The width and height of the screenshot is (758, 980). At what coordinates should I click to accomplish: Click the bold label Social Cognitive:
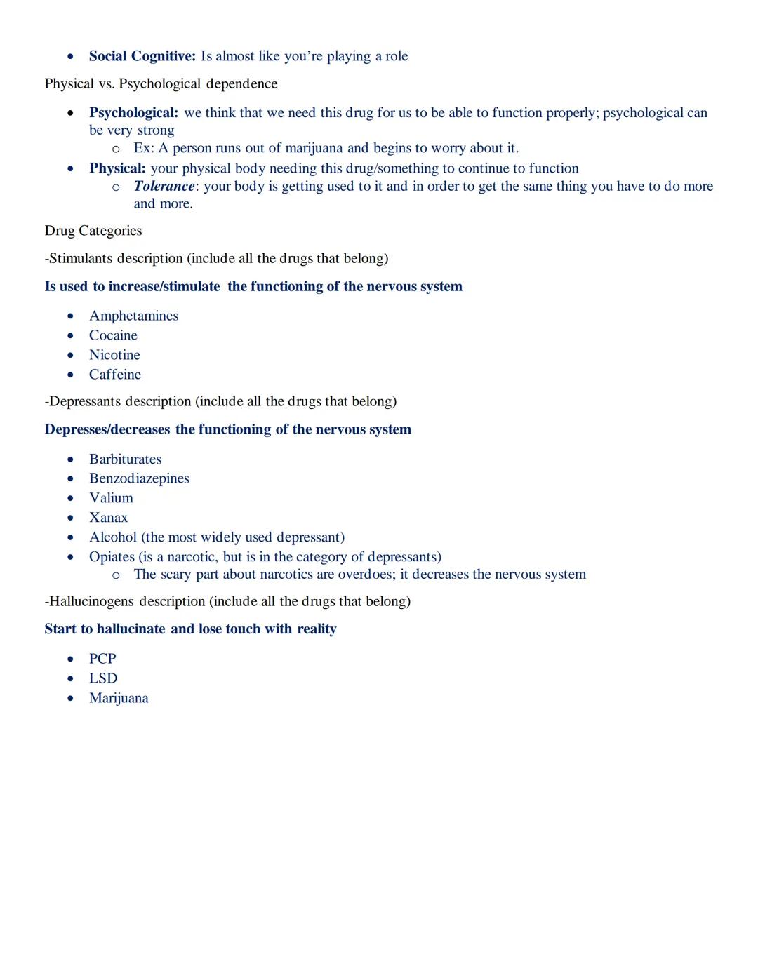point(142,56)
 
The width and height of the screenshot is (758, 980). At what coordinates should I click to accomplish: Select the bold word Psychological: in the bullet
point(133,113)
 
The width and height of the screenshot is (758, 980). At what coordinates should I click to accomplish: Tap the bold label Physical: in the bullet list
point(117,168)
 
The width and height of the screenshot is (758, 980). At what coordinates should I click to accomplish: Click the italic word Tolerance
point(164,187)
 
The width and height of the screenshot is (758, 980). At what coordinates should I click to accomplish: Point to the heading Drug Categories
point(93,231)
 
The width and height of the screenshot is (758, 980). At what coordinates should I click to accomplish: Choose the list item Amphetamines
point(133,316)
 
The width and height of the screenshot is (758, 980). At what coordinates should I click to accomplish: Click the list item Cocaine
point(113,335)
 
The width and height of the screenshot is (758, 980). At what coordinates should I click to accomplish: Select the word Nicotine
point(114,355)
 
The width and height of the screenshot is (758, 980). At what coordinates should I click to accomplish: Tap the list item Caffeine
point(115,375)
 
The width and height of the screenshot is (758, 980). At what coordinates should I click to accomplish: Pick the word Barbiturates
point(125,459)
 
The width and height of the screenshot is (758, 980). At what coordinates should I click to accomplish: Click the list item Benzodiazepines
point(139,478)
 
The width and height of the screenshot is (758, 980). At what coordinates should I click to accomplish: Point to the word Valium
point(111,498)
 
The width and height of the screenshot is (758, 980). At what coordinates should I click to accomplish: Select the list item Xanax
point(108,518)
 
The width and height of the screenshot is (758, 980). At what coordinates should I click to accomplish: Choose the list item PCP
point(102,659)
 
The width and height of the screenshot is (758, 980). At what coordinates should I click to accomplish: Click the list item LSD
point(103,678)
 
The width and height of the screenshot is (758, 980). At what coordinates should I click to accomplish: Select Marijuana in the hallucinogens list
point(119,698)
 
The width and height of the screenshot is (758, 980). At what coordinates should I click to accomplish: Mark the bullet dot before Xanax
point(70,518)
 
